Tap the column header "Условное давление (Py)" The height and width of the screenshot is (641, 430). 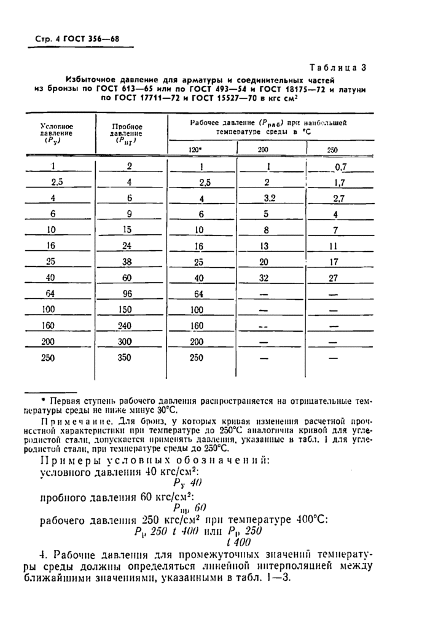click(x=57, y=133)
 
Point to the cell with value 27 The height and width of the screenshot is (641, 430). click(x=334, y=277)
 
